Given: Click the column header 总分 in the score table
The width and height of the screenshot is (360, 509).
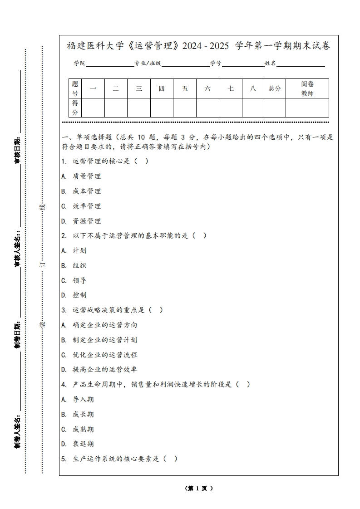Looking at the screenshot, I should click(275, 88).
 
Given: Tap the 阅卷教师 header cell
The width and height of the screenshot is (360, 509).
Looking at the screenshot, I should click(307, 88).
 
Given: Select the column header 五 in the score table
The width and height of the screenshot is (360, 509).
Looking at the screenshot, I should click(185, 88).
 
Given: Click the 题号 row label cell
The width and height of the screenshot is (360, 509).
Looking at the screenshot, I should click(75, 88).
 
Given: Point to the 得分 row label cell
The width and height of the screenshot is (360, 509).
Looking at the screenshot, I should click(75, 108).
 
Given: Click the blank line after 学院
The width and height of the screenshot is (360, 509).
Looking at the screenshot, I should click(109, 64).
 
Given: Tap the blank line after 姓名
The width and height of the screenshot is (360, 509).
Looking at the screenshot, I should click(301, 64).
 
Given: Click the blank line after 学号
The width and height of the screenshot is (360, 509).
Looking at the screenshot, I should click(243, 64).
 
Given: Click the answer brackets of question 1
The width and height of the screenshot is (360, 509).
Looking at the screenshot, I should click(141, 161).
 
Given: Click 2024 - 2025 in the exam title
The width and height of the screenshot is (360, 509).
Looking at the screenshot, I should click(207, 46).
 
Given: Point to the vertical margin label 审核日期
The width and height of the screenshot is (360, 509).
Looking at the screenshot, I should click(17, 150).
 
